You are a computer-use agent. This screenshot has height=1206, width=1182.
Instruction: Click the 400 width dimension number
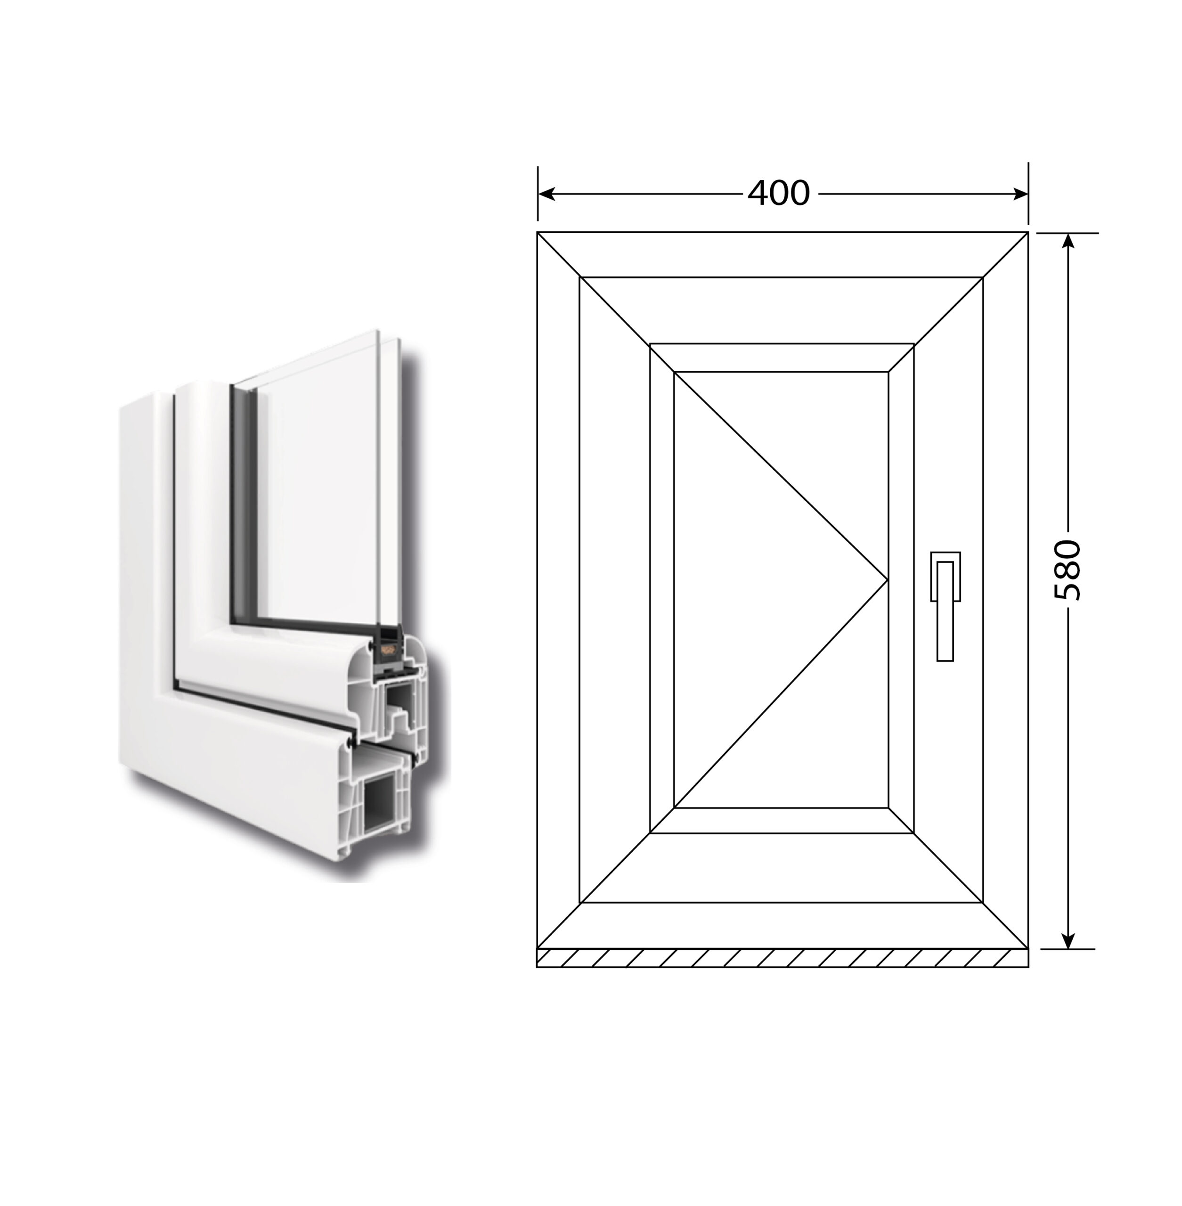pyautogui.click(x=778, y=193)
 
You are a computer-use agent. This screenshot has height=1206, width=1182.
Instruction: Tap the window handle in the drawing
pyautogui.click(x=945, y=606)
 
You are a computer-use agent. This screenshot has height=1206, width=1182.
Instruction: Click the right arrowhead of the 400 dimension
pyautogui.click(x=1020, y=194)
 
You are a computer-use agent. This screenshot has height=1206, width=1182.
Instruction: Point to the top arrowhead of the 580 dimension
pyautogui.click(x=1068, y=241)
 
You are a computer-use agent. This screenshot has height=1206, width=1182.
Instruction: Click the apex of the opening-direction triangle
pyautogui.click(x=888, y=580)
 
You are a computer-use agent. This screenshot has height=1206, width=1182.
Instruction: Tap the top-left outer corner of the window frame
pyautogui.click(x=537, y=232)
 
